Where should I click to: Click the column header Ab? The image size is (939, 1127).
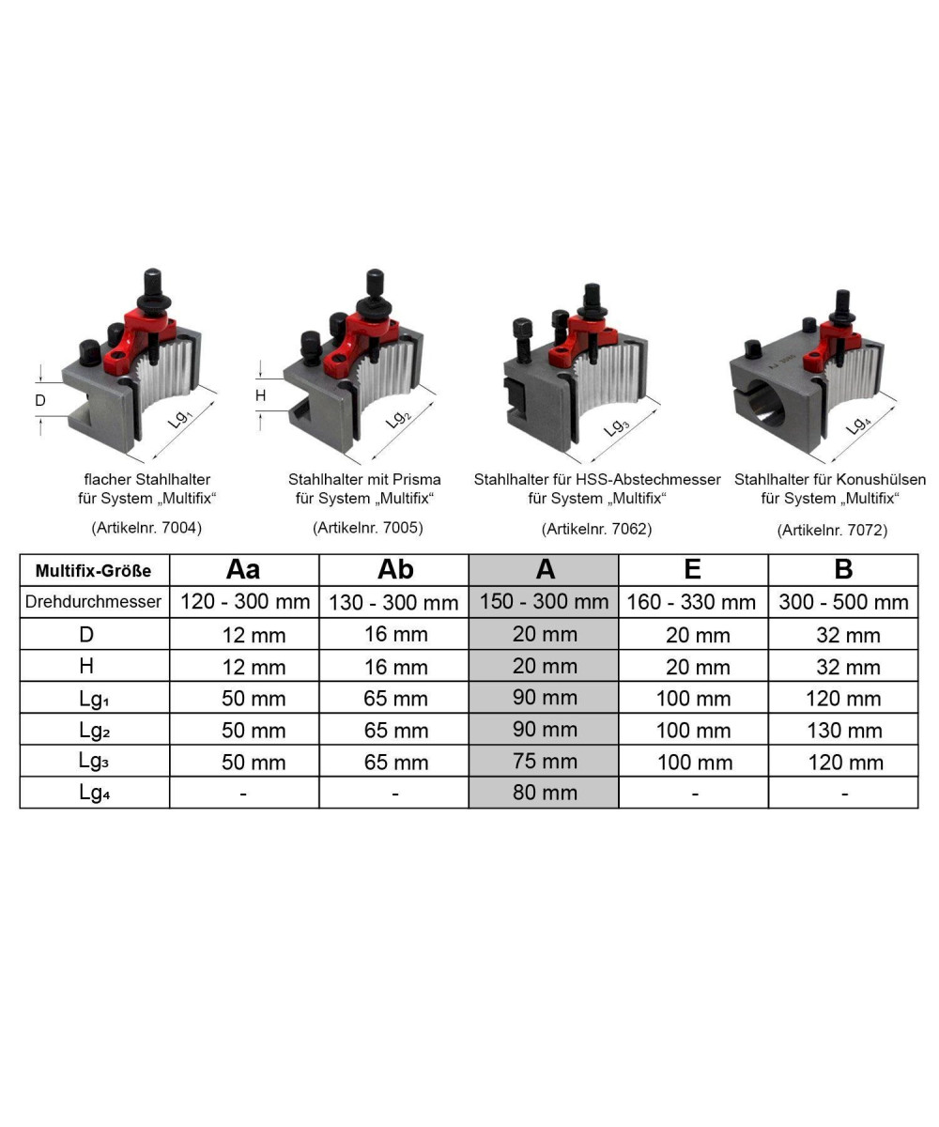tap(395, 569)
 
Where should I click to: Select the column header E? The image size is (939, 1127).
tap(692, 569)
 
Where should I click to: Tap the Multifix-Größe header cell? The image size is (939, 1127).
tap(93, 570)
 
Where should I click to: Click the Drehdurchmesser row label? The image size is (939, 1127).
tap(93, 601)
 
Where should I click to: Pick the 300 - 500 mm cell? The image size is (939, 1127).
tap(843, 602)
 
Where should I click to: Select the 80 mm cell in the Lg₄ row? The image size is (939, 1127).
tap(545, 793)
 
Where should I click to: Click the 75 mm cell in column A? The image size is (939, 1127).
tap(545, 761)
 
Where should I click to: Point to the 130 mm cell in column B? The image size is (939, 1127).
tap(844, 731)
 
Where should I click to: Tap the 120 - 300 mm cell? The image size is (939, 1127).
tap(245, 601)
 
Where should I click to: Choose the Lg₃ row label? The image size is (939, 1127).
tap(94, 761)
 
